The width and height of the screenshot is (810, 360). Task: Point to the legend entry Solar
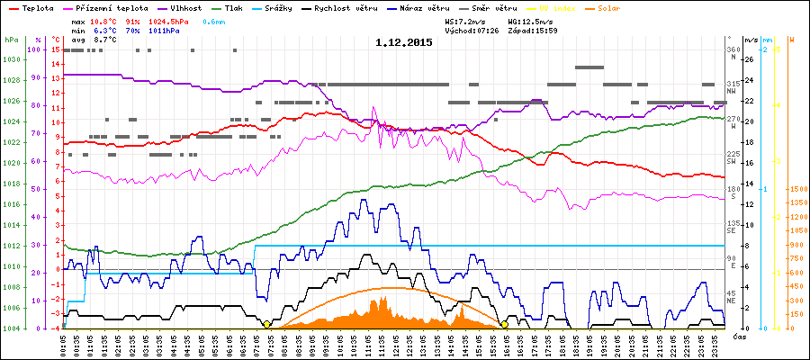pos(622,7)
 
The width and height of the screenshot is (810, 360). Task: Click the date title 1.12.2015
pos(404,42)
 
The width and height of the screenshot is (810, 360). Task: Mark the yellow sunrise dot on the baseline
pos(266,324)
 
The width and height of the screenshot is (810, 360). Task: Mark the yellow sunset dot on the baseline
pos(505,324)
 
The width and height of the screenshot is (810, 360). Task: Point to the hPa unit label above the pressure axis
pos(10,40)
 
